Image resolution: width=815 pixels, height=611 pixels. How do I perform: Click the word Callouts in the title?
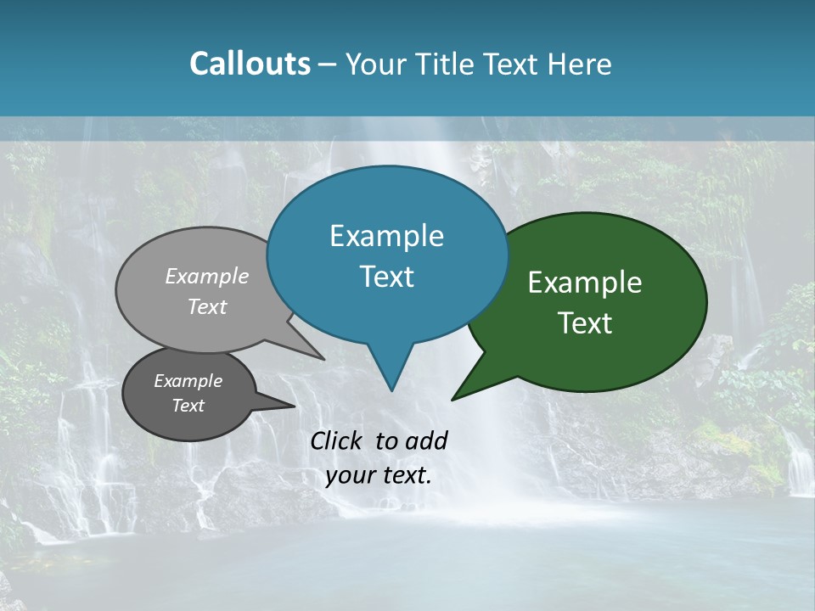coord(250,64)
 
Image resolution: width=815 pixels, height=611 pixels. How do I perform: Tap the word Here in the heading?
coord(579,64)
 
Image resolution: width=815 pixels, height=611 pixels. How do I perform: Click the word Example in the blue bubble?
coord(386,236)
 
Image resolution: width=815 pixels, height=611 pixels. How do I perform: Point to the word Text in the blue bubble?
coord(386,277)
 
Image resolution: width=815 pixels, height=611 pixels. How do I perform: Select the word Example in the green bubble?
coord(585,283)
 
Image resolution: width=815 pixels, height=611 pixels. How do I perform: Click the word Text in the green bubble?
coord(585,323)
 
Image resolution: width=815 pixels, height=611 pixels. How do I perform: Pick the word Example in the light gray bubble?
coord(207,276)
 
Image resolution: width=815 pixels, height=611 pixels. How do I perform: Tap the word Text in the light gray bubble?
coord(207,306)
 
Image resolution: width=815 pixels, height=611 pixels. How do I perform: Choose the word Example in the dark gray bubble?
coord(188,381)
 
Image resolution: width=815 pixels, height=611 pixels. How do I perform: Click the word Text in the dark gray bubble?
coord(188,406)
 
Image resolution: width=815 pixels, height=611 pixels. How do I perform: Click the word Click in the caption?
coord(338,440)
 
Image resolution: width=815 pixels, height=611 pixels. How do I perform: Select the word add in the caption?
coord(426,440)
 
